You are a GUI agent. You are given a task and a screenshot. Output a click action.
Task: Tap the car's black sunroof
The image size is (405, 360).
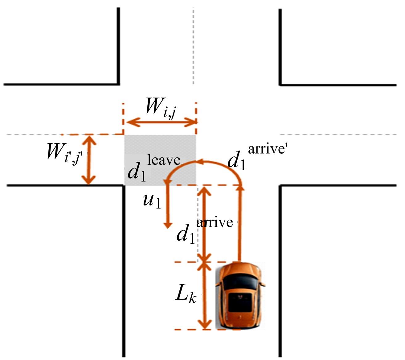coord(240,302)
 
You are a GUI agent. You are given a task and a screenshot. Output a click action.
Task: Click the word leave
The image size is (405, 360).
coord(164,160)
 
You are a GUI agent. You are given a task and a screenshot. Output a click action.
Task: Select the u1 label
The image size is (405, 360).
coord(152,201)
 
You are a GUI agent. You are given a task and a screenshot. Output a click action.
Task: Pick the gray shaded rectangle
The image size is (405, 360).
coord(160,160)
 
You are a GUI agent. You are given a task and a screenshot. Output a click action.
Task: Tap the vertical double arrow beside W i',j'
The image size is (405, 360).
coord(89,160)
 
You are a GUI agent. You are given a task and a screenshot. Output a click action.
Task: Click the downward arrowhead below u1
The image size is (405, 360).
coord(168,225)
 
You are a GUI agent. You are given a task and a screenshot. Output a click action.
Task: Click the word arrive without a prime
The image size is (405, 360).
coord(215,222)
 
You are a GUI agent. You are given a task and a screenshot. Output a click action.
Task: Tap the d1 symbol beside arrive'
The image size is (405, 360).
coord(236,160)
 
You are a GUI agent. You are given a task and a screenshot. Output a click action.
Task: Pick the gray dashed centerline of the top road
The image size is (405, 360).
coord(193,46)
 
